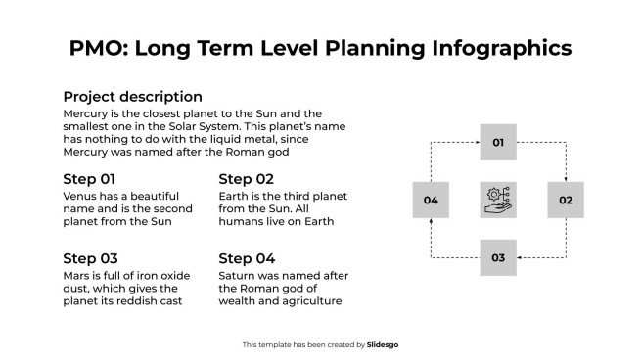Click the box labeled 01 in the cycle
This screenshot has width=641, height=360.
pos(497,143)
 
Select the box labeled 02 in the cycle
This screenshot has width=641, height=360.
pos(565,200)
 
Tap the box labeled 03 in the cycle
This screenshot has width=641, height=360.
pos(497,257)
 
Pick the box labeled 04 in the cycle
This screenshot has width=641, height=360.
pos(430,200)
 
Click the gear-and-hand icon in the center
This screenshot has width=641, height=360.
pos(497,200)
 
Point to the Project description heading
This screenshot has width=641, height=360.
pos(132,97)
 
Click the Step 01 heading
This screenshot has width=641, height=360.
pos(89,179)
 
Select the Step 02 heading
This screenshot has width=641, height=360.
pos(246,179)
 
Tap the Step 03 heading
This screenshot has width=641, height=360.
pos(90,258)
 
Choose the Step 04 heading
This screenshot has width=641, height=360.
pos(247,258)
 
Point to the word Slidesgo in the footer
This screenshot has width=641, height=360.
pos(383,344)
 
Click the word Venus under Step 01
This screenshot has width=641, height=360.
pos(79,196)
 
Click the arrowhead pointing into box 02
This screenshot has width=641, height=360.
pos(565,179)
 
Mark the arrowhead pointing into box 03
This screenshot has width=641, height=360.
pos(520,257)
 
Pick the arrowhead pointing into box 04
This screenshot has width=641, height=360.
pos(430,221)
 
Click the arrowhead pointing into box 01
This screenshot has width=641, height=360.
pos(476,143)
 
